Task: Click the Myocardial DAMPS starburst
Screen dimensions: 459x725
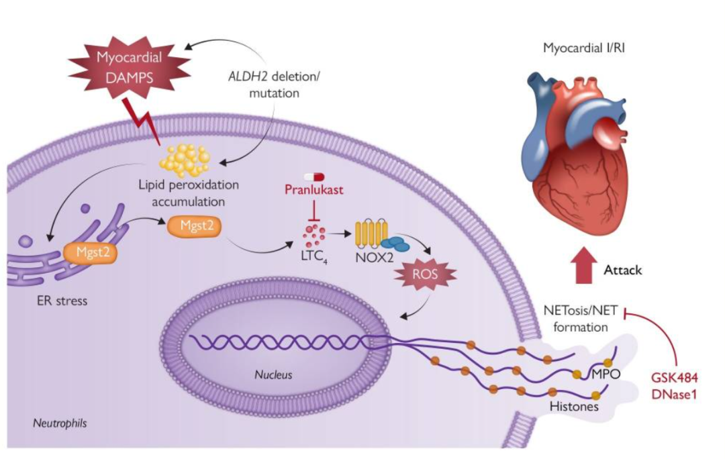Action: [129, 67]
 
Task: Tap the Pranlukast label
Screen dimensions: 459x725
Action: [314, 190]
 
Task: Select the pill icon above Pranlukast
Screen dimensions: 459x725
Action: [314, 176]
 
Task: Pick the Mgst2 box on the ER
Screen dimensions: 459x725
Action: [87, 252]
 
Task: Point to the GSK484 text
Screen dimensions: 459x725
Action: [673, 379]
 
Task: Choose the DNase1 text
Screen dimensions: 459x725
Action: [673, 395]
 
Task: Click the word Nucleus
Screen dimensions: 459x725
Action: [274, 374]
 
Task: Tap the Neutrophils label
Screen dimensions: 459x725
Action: [60, 423]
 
